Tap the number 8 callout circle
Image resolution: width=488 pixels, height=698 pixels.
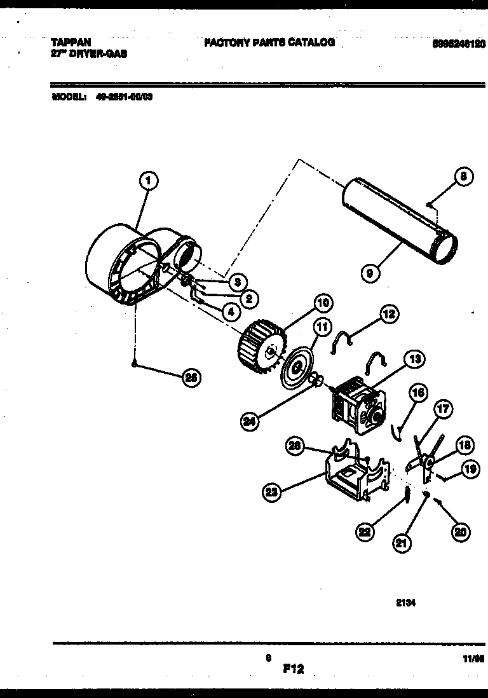(x=464, y=178)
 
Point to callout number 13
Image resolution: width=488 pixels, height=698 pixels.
(x=414, y=359)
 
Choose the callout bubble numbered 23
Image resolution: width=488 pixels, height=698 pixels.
(x=272, y=490)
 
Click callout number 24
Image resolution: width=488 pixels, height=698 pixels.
(x=251, y=420)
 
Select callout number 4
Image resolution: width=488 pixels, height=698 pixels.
(x=231, y=311)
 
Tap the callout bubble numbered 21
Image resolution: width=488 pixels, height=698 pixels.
(x=402, y=544)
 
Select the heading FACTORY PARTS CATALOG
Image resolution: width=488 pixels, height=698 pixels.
(x=269, y=43)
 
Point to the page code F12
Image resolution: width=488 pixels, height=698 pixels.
(x=294, y=668)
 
